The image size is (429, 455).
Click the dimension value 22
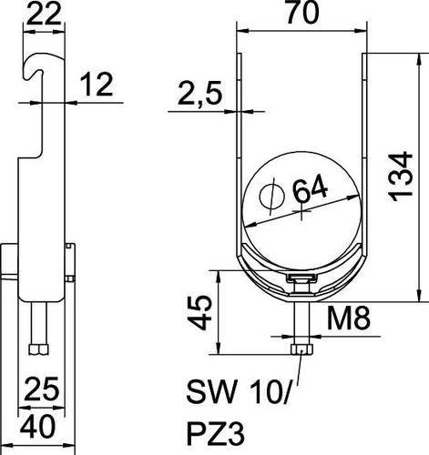point(44,14)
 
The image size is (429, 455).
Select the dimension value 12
point(97,84)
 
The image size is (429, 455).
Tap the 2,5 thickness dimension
point(199,93)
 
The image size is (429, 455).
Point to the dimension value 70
point(302,12)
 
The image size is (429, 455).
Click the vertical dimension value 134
point(402,177)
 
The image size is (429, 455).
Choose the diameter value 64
point(310,191)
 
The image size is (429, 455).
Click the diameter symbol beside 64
point(271,197)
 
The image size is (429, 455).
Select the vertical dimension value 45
point(199,313)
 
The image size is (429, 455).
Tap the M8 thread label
point(348,318)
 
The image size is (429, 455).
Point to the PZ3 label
point(215,435)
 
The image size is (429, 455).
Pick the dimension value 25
point(42,389)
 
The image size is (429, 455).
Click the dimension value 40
point(38,427)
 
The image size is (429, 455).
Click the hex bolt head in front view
point(301,349)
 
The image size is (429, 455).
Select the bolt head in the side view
point(39,349)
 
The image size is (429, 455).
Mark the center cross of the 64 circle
point(301,210)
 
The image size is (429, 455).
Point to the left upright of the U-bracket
point(239,152)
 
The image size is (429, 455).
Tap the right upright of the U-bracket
point(365,152)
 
